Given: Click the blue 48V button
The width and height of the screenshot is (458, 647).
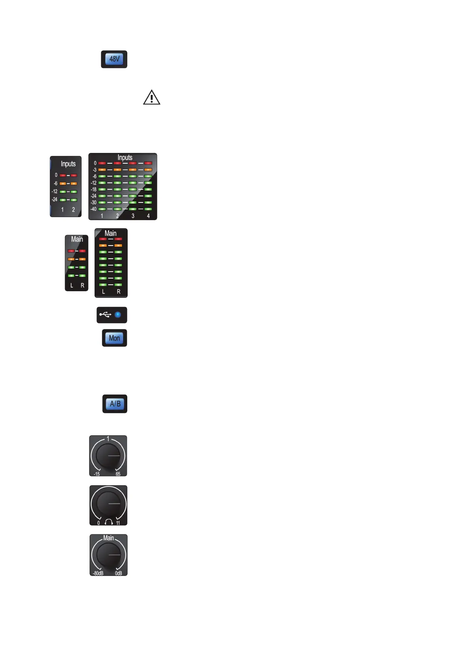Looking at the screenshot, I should point(114,59).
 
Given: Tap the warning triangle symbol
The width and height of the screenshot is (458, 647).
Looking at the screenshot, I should point(152,98).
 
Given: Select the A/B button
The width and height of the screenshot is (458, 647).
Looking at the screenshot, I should point(115,404).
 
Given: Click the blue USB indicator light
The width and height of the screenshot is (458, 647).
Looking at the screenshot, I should point(118,315).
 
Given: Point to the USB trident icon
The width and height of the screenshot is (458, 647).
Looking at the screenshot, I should point(105,315).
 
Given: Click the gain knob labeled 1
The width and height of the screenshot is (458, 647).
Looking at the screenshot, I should point(108,456).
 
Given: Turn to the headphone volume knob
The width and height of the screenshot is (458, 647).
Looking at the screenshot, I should point(108,503).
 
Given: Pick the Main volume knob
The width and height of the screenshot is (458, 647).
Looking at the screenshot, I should point(108,555).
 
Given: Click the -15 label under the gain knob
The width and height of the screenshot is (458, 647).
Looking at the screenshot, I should point(97,474).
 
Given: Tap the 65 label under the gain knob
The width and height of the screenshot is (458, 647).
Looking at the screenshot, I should point(118,474).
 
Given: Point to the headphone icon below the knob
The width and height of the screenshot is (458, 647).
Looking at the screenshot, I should point(108,522).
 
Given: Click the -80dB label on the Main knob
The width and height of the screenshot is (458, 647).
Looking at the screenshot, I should point(98,573).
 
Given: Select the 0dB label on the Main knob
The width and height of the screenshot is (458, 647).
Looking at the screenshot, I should point(118,573).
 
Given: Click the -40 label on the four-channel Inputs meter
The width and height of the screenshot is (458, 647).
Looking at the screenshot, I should point(93,209).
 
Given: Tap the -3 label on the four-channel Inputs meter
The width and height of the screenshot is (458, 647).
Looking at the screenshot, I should point(94,170).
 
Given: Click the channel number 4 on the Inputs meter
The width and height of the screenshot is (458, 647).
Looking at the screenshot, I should point(148,216).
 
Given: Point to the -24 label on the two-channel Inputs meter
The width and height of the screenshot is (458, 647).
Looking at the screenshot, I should point(55,199).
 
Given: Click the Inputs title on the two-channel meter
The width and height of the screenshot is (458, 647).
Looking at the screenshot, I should point(68,164).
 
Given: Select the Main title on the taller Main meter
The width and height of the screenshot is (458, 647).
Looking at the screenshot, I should point(110,233).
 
